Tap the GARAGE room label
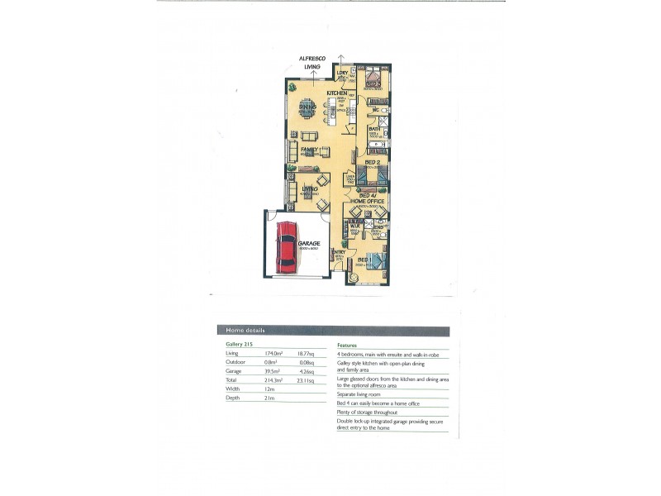pos(308,243)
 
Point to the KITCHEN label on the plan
pos(336,93)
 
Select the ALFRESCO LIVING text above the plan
pos(312,62)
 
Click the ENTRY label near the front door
pos(339,252)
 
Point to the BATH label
pos(374,128)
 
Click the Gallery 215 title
pos(239,344)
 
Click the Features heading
pos(348,344)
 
